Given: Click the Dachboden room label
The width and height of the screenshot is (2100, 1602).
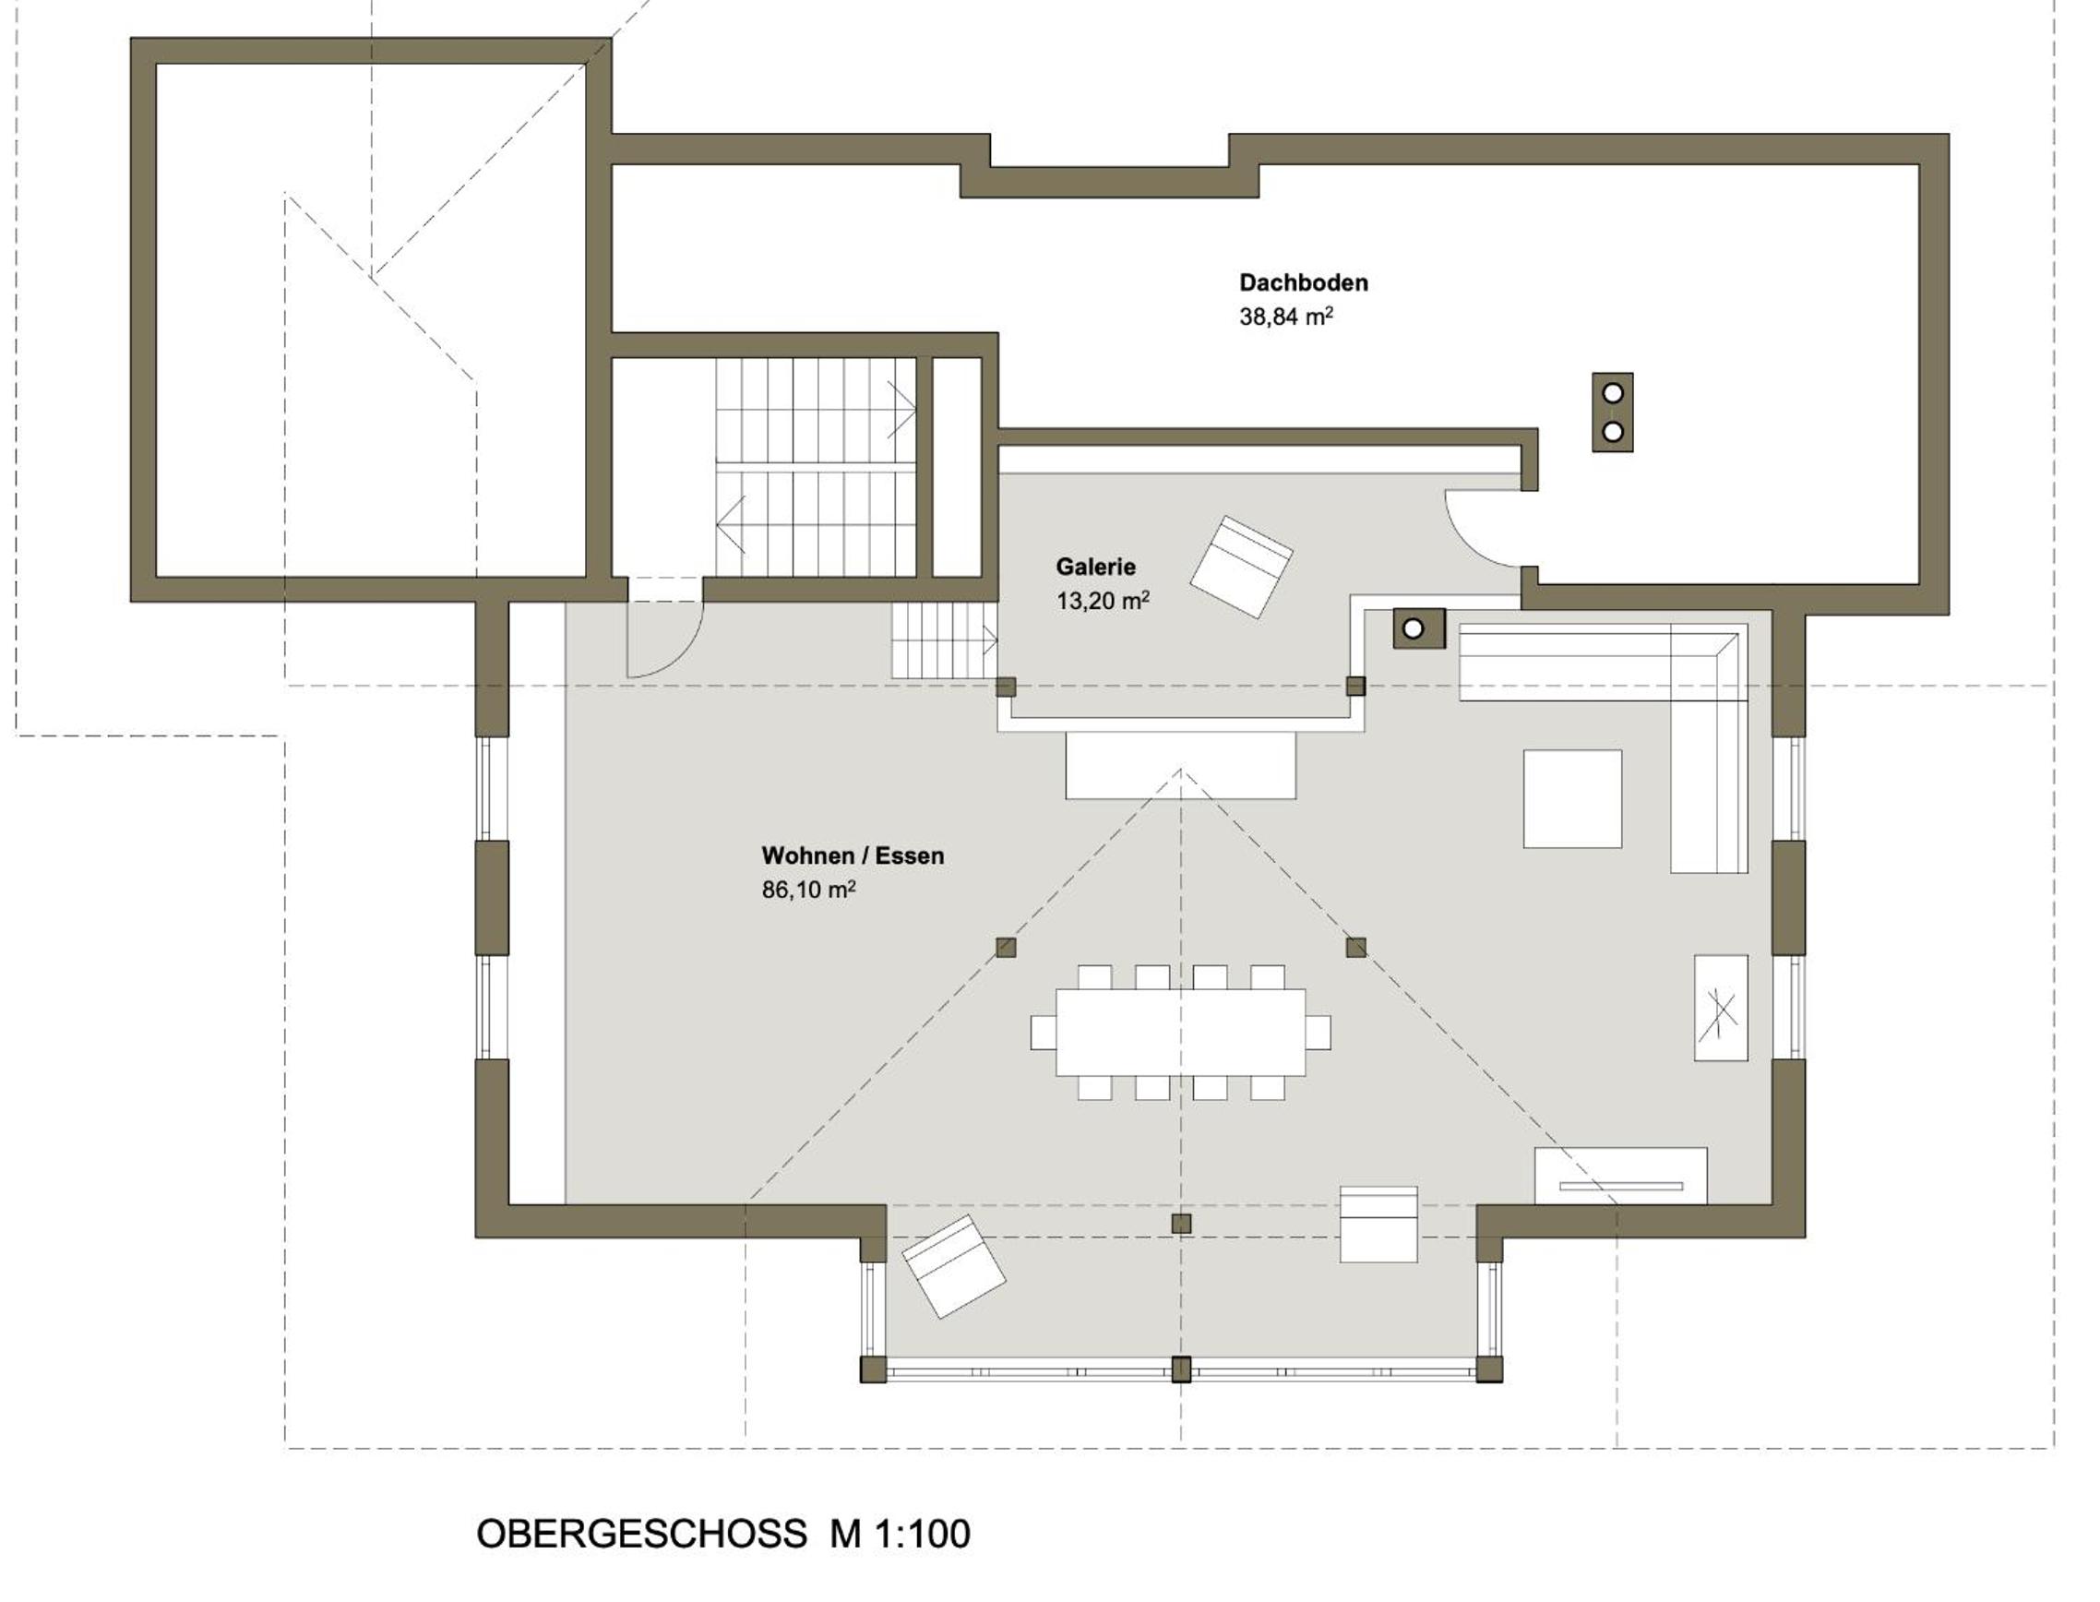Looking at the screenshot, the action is coord(1303,282).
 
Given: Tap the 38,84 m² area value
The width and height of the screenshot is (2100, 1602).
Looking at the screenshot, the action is coord(1285,317).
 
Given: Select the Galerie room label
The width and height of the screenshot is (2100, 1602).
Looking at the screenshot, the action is coord(1095,567).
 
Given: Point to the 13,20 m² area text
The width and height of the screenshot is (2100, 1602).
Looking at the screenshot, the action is coord(1102,601).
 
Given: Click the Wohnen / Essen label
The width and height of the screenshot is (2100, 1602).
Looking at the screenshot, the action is coord(853,855).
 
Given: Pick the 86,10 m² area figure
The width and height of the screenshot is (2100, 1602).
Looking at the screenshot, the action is coord(808,890).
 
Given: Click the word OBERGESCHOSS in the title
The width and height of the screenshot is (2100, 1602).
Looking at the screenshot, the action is coord(641,1535).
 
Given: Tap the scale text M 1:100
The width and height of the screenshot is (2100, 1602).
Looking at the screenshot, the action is coord(900,1535).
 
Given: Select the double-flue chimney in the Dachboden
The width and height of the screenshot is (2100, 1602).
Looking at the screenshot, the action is coord(1612,412).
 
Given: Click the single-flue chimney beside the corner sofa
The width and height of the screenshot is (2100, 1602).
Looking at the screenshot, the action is coord(1418,628).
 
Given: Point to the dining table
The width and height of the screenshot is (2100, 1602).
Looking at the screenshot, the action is coord(1180,1032).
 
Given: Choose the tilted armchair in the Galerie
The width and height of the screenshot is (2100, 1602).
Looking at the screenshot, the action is coord(1241,567).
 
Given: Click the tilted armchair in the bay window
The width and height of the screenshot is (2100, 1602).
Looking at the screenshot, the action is coord(953,1265).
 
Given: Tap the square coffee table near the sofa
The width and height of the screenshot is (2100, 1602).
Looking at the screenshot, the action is coord(1572,798).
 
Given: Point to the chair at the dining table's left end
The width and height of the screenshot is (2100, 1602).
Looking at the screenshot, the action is coord(1043,1032).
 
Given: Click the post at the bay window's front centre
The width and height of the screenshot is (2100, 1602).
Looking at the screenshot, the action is coord(1181,1369).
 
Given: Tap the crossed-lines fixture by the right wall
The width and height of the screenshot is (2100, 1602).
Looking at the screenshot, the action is coord(1721,1008).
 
